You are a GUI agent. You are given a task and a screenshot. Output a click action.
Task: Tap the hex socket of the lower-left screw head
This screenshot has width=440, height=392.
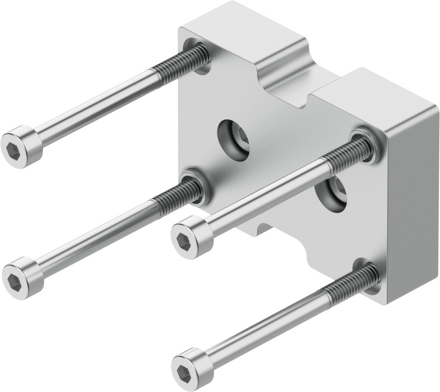point(16,278)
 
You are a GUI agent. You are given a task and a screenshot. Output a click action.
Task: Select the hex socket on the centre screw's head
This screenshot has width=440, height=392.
point(183,240)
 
